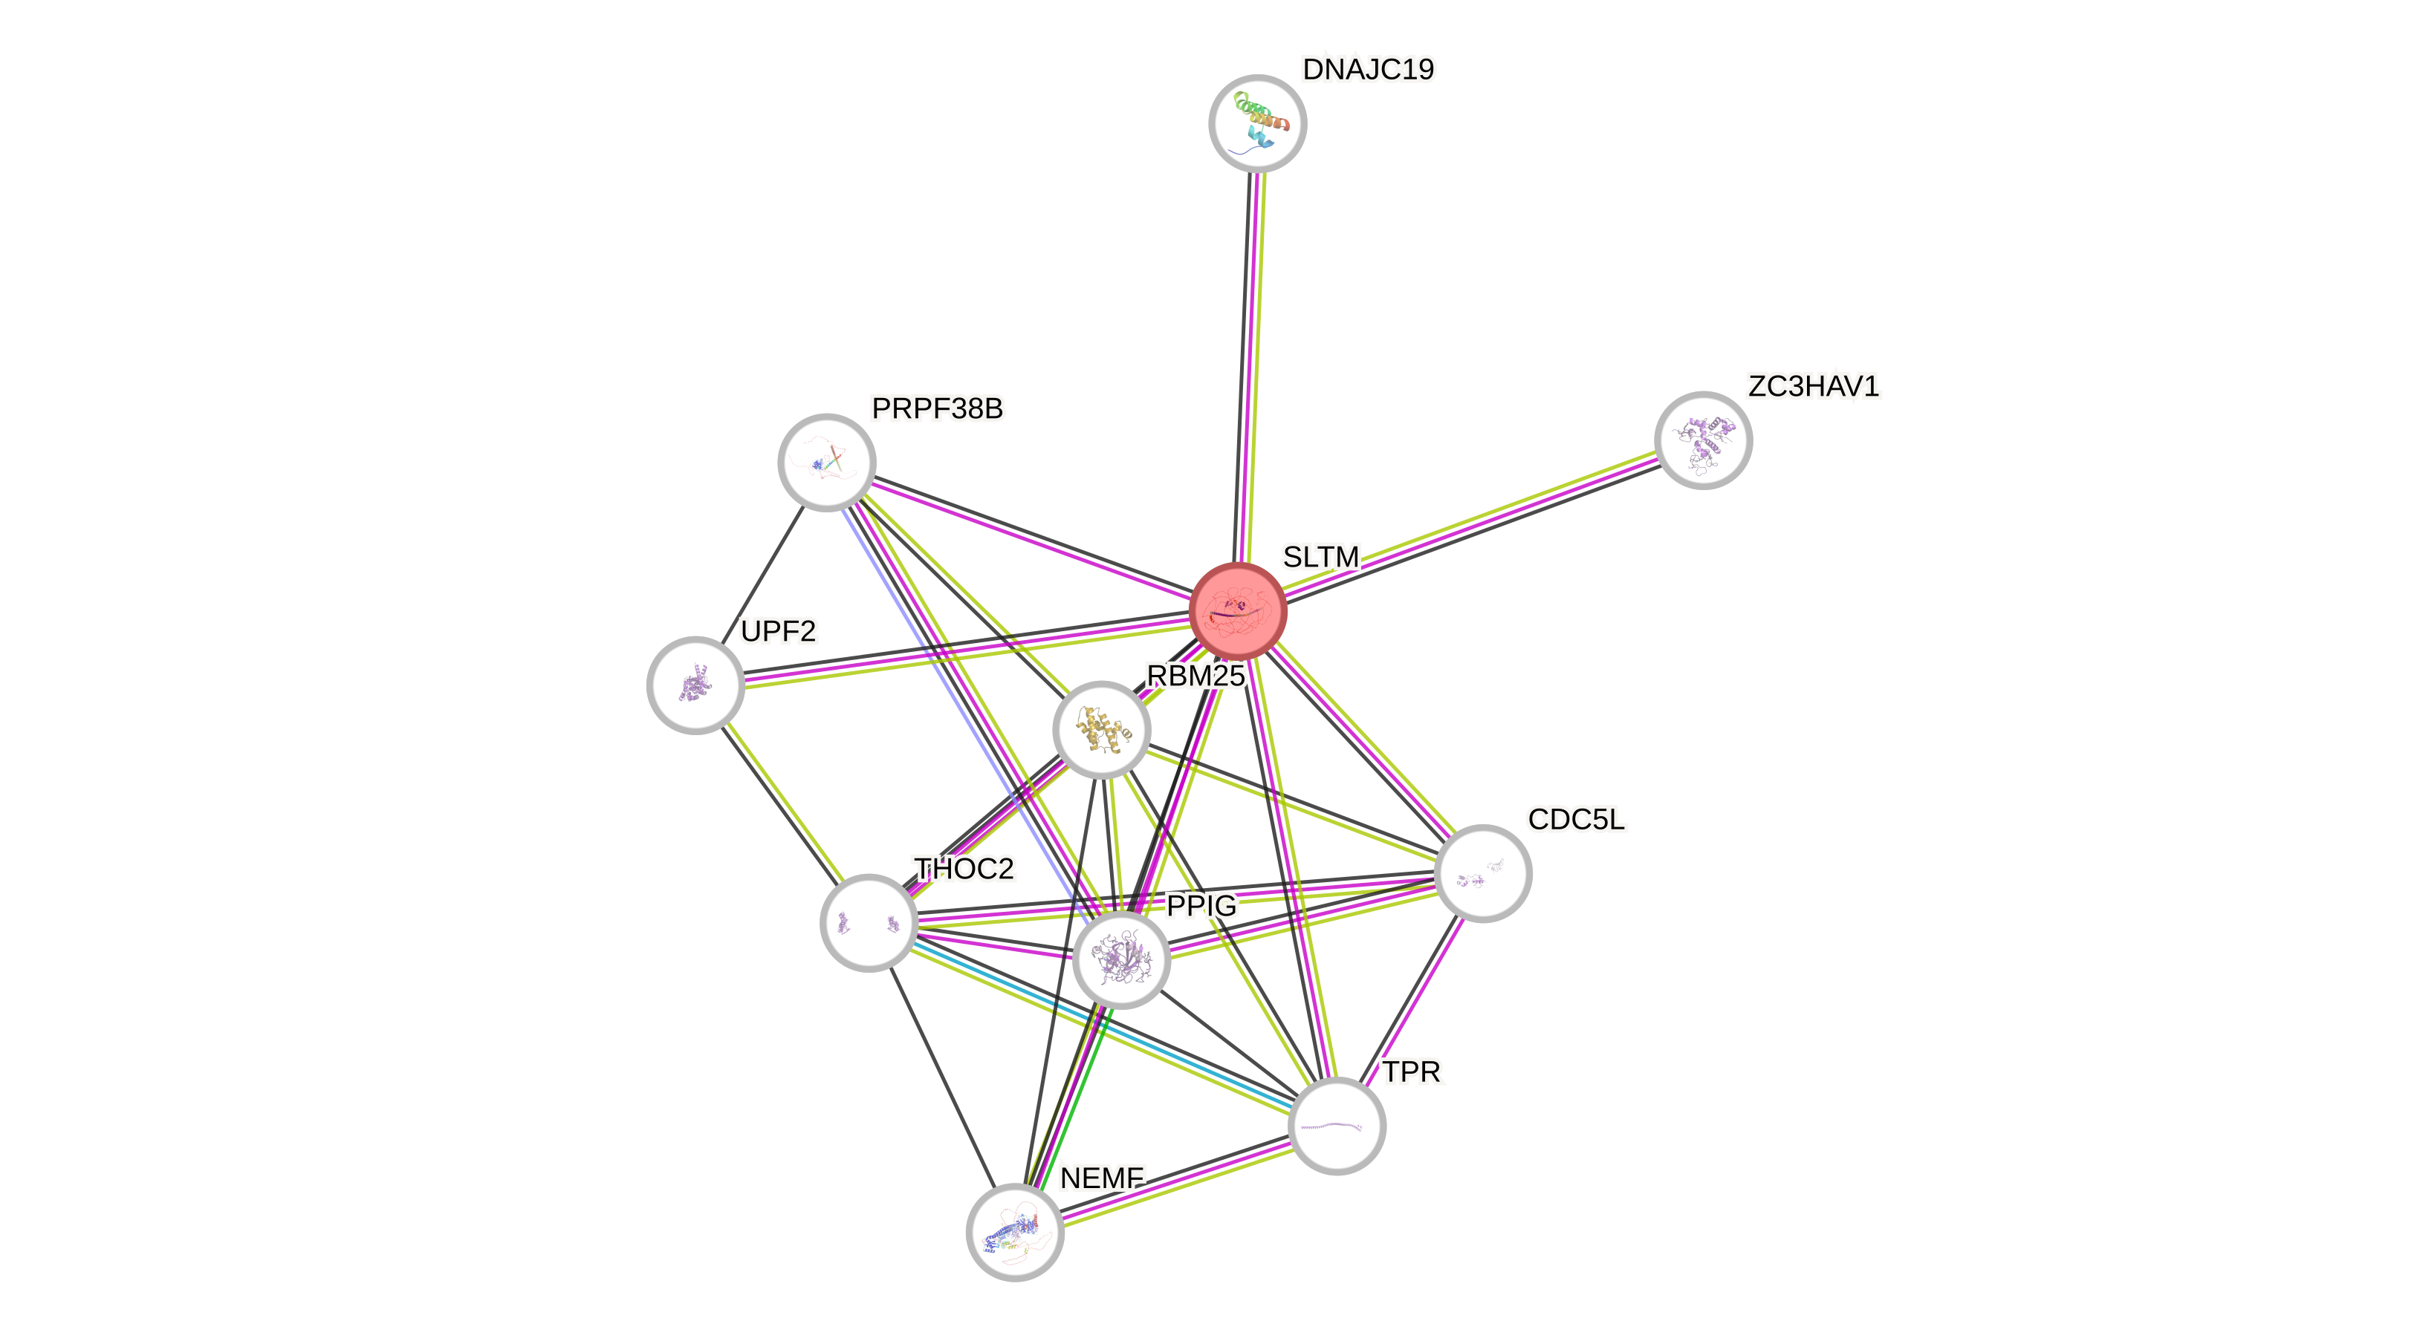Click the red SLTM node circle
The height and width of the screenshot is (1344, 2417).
(x=1238, y=612)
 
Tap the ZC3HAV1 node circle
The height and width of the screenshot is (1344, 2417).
(x=1703, y=440)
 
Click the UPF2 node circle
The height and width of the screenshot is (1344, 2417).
(x=695, y=685)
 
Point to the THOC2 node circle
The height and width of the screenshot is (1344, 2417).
(x=869, y=923)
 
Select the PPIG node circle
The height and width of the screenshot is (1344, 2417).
(x=1121, y=959)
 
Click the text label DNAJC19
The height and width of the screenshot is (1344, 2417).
(x=1368, y=69)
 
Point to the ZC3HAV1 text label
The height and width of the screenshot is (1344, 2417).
(x=1813, y=386)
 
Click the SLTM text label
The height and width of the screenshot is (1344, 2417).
(x=1320, y=557)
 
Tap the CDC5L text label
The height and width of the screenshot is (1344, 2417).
(x=1577, y=820)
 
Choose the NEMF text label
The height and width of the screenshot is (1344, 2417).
(x=1102, y=1178)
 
